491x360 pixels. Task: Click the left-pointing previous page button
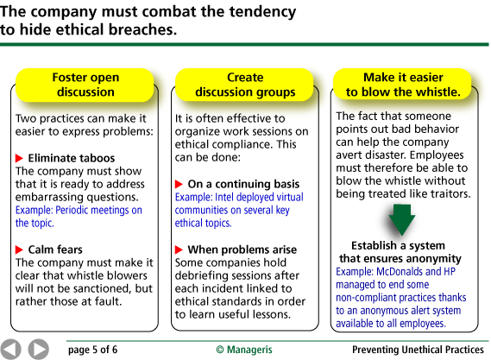[10, 349]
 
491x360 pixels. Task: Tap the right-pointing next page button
[39, 349]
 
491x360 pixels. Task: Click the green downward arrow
[402, 219]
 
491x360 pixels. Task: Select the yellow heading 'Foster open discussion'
[85, 85]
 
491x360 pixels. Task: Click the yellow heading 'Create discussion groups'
[244, 85]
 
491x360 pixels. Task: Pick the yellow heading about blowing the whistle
[403, 84]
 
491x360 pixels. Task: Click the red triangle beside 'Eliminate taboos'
[19, 158]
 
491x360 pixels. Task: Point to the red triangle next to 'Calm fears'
[19, 249]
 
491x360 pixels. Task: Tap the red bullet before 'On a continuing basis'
[179, 184]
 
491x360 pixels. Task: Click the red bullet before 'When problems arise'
[179, 249]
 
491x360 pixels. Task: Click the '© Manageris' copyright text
[244, 350]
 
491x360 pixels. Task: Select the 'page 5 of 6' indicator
[92, 350]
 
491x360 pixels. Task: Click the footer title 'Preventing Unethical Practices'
[418, 350]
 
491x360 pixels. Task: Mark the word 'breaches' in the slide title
[142, 29]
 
